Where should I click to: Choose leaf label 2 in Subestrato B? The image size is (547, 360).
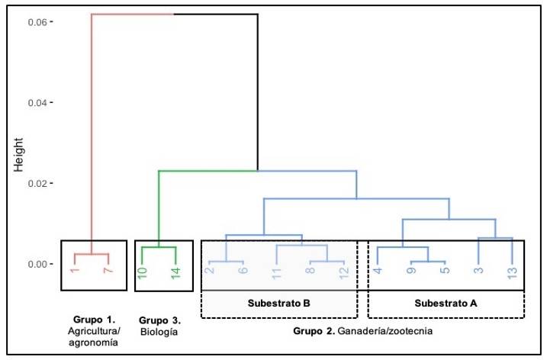[x=208, y=272]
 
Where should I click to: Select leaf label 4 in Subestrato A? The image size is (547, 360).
[x=377, y=272]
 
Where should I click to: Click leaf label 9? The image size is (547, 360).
[x=411, y=272]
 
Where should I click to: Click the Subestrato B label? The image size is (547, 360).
[x=278, y=304]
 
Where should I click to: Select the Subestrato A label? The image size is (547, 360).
[x=446, y=304]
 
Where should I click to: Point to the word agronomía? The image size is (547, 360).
[x=92, y=343]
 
